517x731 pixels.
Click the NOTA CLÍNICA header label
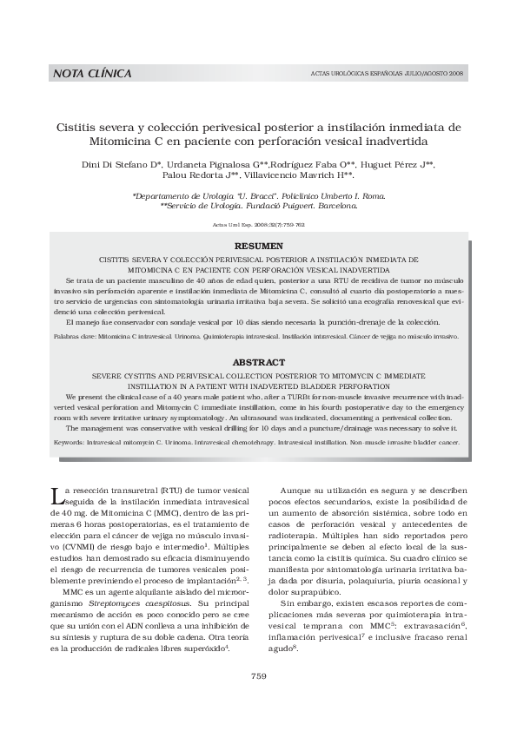(92, 74)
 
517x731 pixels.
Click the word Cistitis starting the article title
(83, 127)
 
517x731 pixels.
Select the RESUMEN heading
(258, 247)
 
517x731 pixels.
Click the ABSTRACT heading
(258, 361)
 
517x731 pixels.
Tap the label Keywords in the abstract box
(68, 442)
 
